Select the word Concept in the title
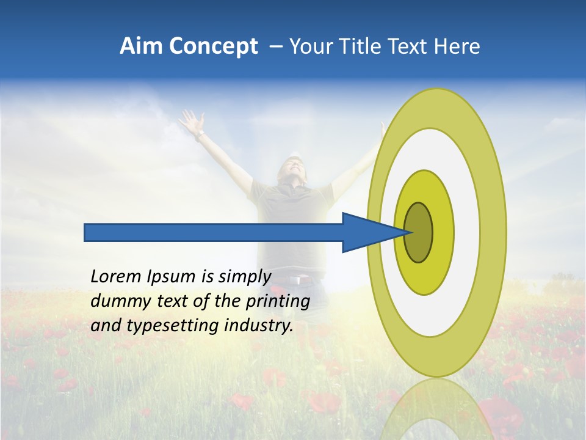click(x=213, y=46)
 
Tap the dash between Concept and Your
click(x=275, y=46)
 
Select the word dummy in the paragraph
click(x=118, y=301)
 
